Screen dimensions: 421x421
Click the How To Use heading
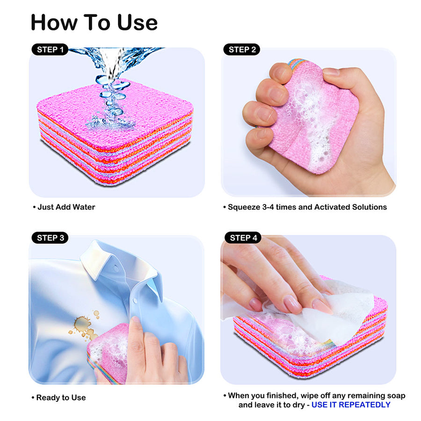(94, 22)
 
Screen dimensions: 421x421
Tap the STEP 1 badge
(50, 50)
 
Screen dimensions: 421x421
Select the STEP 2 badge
(241, 50)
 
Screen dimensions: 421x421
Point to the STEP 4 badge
(243, 238)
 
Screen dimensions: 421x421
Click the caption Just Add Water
(65, 207)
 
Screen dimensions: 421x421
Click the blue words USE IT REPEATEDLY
(351, 405)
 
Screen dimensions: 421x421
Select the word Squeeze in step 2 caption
(242, 207)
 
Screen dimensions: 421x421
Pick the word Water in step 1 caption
(84, 207)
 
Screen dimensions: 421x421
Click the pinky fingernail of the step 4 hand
(255, 304)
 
